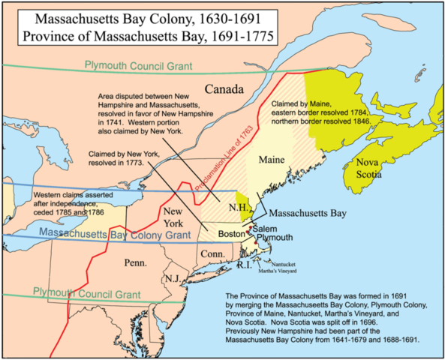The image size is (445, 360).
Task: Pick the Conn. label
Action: coord(212,256)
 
